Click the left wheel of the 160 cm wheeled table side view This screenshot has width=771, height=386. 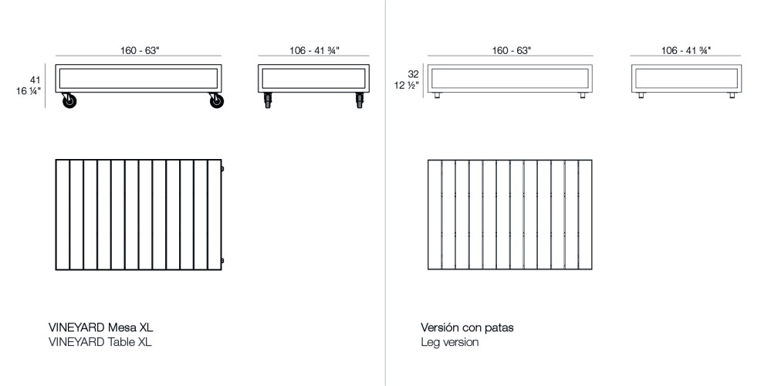pos(69,100)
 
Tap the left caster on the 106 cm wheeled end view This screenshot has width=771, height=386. pos(268,100)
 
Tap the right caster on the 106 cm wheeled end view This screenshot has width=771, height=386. pos(359,100)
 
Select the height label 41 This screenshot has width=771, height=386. pos(35,80)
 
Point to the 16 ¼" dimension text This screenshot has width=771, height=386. pos(29,91)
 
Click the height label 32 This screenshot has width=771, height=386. pos(412,75)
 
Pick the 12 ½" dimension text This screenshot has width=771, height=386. pos(407,86)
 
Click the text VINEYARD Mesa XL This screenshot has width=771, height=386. pos(106,327)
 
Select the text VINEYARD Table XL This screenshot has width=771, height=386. pos(100,342)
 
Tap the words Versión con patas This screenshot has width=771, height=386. pos(467,327)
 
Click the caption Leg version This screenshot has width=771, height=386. pos(449,342)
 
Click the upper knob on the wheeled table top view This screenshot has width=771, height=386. pos(222,168)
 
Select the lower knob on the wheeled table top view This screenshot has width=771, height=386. pos(222,259)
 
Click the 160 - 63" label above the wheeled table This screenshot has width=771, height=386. pos(140,50)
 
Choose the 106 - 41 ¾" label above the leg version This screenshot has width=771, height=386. pos(685,50)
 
